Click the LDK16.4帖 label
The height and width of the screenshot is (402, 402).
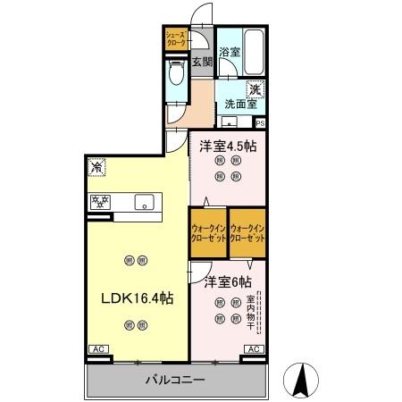click(137, 298)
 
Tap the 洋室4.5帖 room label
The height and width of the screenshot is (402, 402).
click(228, 146)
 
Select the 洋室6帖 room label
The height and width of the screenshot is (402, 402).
click(226, 282)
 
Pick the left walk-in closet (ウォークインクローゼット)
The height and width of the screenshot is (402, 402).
click(208, 233)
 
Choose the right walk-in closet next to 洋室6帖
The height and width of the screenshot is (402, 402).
click(247, 233)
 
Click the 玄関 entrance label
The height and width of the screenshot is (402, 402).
click(202, 62)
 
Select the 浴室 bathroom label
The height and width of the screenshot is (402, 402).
click(230, 52)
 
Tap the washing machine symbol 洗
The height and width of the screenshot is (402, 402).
click(255, 88)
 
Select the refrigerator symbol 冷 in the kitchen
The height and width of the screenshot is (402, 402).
click(96, 168)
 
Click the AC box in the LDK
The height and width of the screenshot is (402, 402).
click(97, 349)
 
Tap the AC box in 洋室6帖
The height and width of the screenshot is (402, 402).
click(253, 349)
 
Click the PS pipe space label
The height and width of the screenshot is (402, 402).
click(260, 124)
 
